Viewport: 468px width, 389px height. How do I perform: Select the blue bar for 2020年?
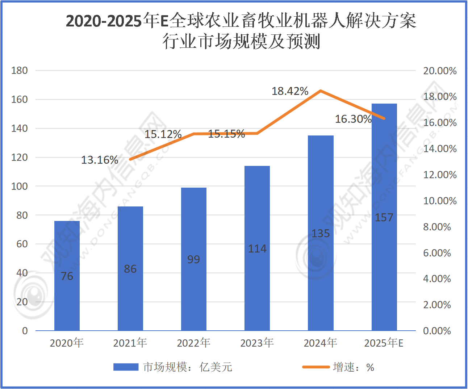(67, 275)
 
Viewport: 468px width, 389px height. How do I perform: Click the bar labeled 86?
(130, 268)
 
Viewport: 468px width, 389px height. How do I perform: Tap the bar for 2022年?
(194, 259)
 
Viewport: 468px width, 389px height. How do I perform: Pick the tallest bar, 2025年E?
(384, 217)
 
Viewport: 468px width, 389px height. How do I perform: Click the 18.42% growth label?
(290, 91)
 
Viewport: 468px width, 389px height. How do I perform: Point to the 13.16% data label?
(100, 160)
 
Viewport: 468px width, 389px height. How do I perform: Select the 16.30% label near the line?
(353, 119)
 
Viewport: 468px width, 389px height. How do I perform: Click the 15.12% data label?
(163, 134)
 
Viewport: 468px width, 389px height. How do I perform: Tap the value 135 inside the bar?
(321, 234)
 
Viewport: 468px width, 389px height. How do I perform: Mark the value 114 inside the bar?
(257, 249)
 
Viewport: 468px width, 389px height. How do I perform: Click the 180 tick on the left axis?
(20, 71)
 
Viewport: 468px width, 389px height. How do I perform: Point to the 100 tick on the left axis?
(20, 187)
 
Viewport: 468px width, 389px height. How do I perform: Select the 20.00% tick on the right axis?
(440, 71)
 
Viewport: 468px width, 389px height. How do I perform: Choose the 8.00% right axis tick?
(437, 227)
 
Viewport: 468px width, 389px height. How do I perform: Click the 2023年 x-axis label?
(257, 343)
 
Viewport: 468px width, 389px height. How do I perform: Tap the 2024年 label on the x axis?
(320, 343)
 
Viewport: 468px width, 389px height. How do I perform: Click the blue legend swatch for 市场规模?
(126, 367)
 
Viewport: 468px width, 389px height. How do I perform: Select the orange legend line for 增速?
(316, 367)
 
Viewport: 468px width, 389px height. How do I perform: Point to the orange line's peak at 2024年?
(321, 91)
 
